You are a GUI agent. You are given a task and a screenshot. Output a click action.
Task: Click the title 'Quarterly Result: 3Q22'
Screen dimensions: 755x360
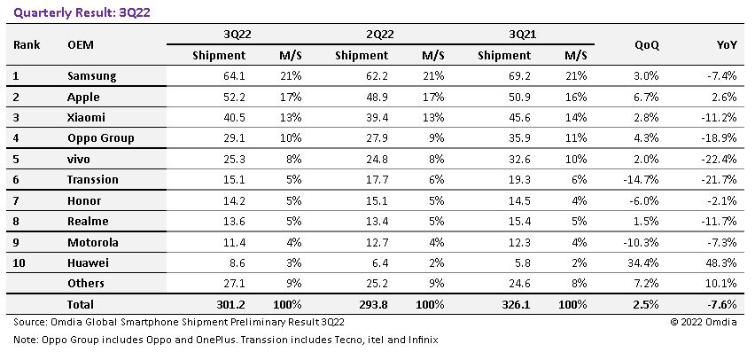(x=82, y=12)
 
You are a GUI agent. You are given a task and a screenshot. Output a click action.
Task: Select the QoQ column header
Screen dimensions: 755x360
(x=647, y=45)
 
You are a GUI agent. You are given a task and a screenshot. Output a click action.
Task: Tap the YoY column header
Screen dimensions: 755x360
(x=727, y=45)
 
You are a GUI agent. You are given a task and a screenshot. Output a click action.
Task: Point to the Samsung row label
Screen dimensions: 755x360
(x=91, y=76)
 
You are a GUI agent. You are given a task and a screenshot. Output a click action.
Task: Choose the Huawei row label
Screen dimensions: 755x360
(x=88, y=262)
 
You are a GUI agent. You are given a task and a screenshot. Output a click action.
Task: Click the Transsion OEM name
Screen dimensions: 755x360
(x=92, y=179)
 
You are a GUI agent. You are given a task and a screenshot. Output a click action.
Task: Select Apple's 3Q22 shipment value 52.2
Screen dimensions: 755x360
(x=232, y=97)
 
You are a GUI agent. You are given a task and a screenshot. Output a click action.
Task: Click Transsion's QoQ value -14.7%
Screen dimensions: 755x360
(x=641, y=179)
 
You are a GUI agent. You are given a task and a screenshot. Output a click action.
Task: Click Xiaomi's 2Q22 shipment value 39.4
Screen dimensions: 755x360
(x=375, y=117)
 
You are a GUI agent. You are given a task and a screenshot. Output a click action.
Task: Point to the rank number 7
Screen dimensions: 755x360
(x=16, y=200)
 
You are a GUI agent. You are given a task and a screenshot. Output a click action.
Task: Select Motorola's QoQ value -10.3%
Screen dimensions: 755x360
(x=641, y=242)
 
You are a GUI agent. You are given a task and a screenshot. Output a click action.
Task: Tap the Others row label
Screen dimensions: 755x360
(x=86, y=284)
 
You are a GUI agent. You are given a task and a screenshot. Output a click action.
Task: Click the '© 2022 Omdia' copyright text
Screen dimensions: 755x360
(x=704, y=323)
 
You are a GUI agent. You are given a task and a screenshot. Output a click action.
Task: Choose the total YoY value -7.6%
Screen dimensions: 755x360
(x=722, y=304)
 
